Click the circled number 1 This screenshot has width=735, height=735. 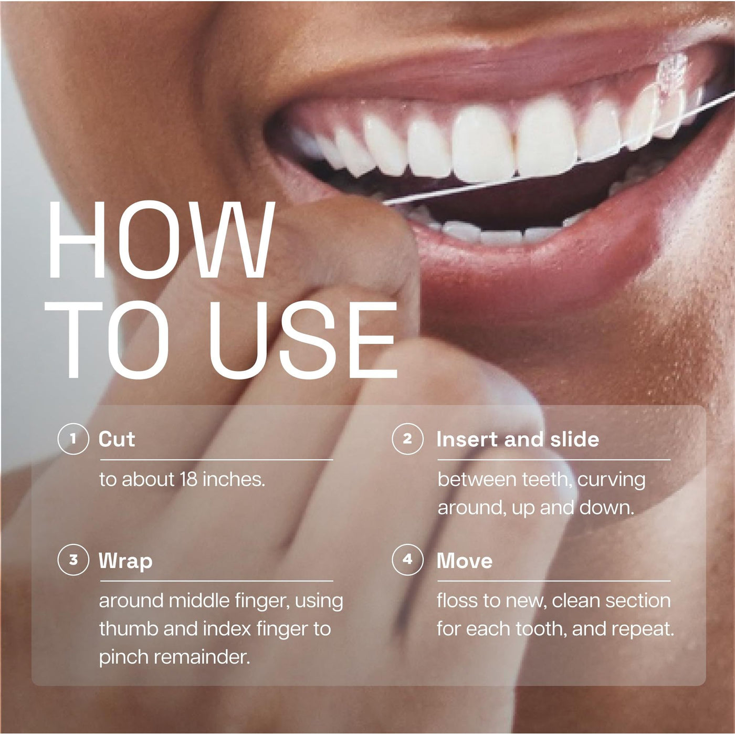click(73, 438)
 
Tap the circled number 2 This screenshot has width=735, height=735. click(407, 438)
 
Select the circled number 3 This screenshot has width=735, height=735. click(73, 560)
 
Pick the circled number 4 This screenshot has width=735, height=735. click(407, 560)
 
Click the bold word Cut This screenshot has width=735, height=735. click(117, 439)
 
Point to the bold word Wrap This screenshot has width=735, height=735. click(125, 561)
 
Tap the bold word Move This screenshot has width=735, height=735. click(465, 561)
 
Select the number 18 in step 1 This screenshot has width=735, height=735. click(188, 479)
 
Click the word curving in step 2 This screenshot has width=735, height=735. click(612, 480)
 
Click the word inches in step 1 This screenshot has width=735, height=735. click(234, 479)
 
